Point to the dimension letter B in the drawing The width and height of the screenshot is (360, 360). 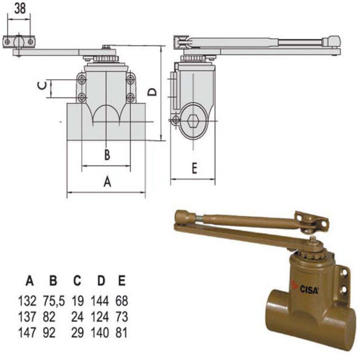coord(107,155)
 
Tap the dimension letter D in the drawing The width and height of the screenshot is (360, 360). coord(153,92)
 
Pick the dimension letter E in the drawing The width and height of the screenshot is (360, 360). coord(194,168)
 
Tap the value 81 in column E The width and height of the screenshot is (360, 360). coord(121,333)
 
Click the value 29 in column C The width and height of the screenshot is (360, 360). coord(77,333)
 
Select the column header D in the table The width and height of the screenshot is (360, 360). coord(101,282)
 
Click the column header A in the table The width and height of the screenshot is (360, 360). coord(30,282)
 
